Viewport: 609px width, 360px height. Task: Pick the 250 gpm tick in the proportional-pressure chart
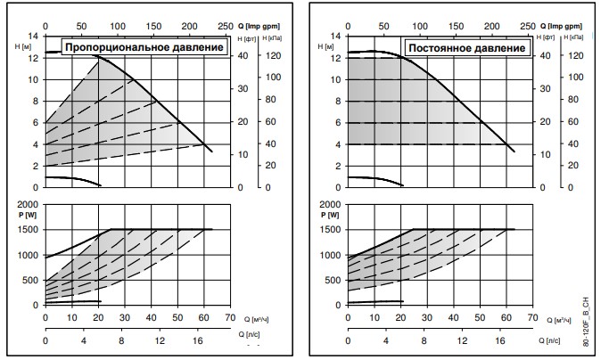click(224, 28)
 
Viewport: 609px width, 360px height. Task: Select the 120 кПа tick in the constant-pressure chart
click(575, 56)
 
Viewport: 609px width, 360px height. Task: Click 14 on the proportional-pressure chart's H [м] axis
click(33, 36)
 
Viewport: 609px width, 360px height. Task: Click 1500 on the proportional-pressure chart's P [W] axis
click(28, 230)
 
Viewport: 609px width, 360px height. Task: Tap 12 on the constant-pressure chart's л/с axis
click(463, 341)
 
